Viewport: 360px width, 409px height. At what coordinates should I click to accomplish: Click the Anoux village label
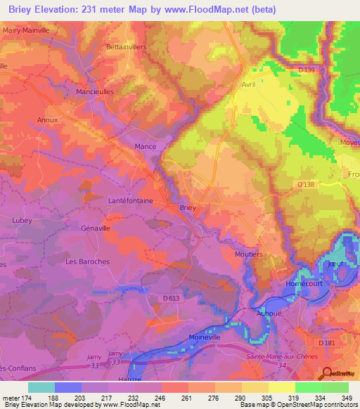[47, 120]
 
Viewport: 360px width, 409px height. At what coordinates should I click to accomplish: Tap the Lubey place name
[22, 220]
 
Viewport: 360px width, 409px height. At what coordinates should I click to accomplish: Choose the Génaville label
[96, 228]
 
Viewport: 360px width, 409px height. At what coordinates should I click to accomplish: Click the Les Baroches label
[87, 261]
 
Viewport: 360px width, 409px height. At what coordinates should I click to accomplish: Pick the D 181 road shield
[326, 342]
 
